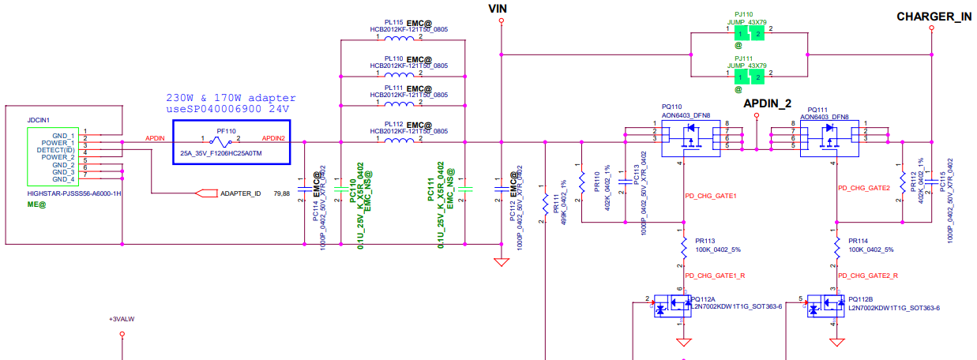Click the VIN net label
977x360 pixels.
(498, 9)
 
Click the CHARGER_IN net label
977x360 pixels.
(934, 17)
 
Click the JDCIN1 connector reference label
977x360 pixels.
(39, 120)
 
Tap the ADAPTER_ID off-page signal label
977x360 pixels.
(240, 193)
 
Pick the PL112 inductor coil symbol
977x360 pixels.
(400, 142)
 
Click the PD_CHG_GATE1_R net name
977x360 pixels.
(716, 276)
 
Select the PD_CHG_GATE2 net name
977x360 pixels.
(863, 188)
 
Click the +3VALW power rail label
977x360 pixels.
(122, 319)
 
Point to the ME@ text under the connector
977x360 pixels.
(36, 204)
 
